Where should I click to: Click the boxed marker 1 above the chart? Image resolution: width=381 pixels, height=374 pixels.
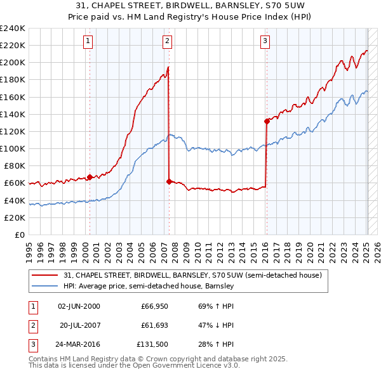click(x=88, y=42)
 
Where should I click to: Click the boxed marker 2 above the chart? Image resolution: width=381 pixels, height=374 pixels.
click(x=167, y=42)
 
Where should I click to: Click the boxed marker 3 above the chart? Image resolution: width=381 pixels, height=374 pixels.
click(x=265, y=42)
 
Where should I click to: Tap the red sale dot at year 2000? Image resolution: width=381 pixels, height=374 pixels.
click(x=90, y=177)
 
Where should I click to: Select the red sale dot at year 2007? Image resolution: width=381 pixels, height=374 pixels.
click(x=169, y=181)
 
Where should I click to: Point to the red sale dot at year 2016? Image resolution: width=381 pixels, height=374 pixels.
click(x=267, y=121)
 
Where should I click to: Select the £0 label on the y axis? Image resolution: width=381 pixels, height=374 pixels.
click(x=18, y=235)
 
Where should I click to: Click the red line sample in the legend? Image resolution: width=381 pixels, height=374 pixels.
click(x=45, y=275)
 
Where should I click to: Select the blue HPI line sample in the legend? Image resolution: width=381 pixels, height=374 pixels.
click(x=45, y=286)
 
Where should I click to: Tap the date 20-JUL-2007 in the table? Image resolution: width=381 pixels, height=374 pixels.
click(x=81, y=325)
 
